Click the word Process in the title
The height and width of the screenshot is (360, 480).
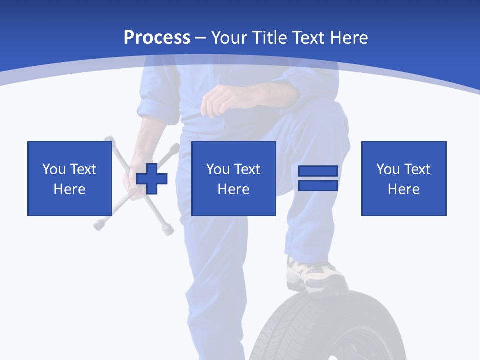pyautogui.click(x=157, y=38)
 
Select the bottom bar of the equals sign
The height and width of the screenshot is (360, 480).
pyautogui.click(x=318, y=186)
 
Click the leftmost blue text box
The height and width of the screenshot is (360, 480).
pyautogui.click(x=69, y=178)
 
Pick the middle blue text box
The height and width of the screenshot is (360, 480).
pyautogui.click(x=233, y=178)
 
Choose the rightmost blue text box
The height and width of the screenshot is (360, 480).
pyautogui.click(x=403, y=178)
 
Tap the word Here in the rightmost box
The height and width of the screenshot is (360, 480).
pyautogui.click(x=403, y=189)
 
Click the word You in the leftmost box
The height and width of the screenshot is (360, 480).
pyautogui.click(x=54, y=169)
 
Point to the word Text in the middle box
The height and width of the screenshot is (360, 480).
pyautogui.click(x=247, y=169)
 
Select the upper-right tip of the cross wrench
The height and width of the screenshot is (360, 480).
pyautogui.click(x=175, y=147)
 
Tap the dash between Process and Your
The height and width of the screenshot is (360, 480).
pyautogui.click(x=201, y=38)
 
